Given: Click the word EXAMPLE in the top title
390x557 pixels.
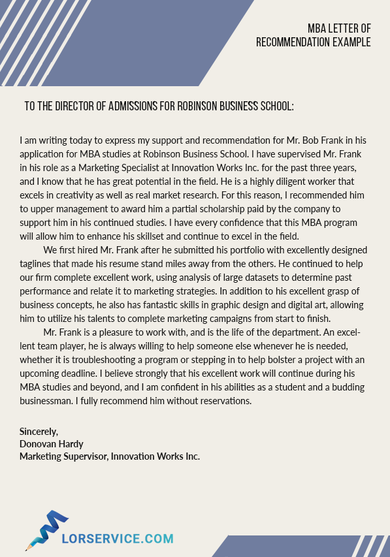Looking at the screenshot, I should click(349, 42).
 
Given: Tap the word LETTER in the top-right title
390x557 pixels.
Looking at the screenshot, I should click(340, 28).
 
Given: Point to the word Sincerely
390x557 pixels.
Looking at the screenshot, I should click(39, 432).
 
